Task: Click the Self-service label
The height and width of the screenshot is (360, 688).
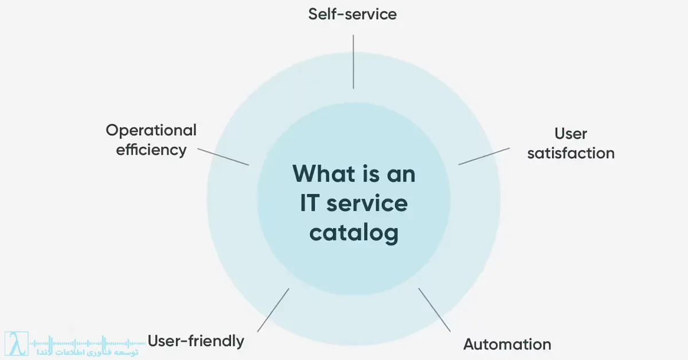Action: [x=352, y=14]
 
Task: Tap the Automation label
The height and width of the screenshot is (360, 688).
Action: [x=507, y=345]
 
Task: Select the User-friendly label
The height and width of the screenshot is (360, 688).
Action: [x=196, y=341]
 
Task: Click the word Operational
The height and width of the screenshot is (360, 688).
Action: [x=151, y=131]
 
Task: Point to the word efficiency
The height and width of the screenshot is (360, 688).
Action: [x=151, y=150]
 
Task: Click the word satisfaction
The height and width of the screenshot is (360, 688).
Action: [x=570, y=153]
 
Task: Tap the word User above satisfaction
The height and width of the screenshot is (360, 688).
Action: [x=570, y=134]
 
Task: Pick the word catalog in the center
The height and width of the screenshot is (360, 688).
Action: [x=354, y=234]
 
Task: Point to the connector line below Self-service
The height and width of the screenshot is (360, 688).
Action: [x=353, y=61]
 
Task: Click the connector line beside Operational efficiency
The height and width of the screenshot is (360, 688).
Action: [x=223, y=156]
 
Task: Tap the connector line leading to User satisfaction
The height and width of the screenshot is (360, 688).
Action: [x=484, y=156]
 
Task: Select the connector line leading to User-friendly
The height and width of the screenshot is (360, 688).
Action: [x=273, y=310]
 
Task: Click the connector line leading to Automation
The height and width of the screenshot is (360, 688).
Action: [x=435, y=310]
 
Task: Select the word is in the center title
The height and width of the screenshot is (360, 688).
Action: [x=368, y=174]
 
